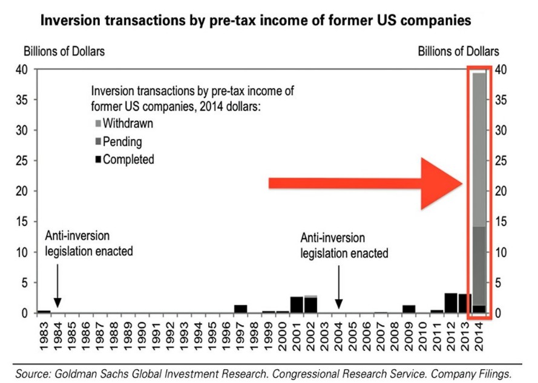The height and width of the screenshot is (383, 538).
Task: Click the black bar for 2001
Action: pos(297,304)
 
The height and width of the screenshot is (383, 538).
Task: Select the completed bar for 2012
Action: pos(450,303)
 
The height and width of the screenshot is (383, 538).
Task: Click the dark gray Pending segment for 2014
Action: pos(479,266)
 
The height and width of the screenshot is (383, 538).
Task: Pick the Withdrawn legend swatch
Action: pos(97,124)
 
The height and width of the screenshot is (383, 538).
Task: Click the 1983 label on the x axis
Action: pos(44,333)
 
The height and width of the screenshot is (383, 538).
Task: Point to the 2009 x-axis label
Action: pos(409,333)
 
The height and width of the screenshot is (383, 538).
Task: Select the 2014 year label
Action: pos(479,333)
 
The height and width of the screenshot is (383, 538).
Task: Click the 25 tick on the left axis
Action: pos(23,161)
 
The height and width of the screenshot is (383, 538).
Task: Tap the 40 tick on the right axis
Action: pos(502,69)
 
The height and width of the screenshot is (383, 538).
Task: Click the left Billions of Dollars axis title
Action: pos(64,51)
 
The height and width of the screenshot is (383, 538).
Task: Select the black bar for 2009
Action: pos(409,309)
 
